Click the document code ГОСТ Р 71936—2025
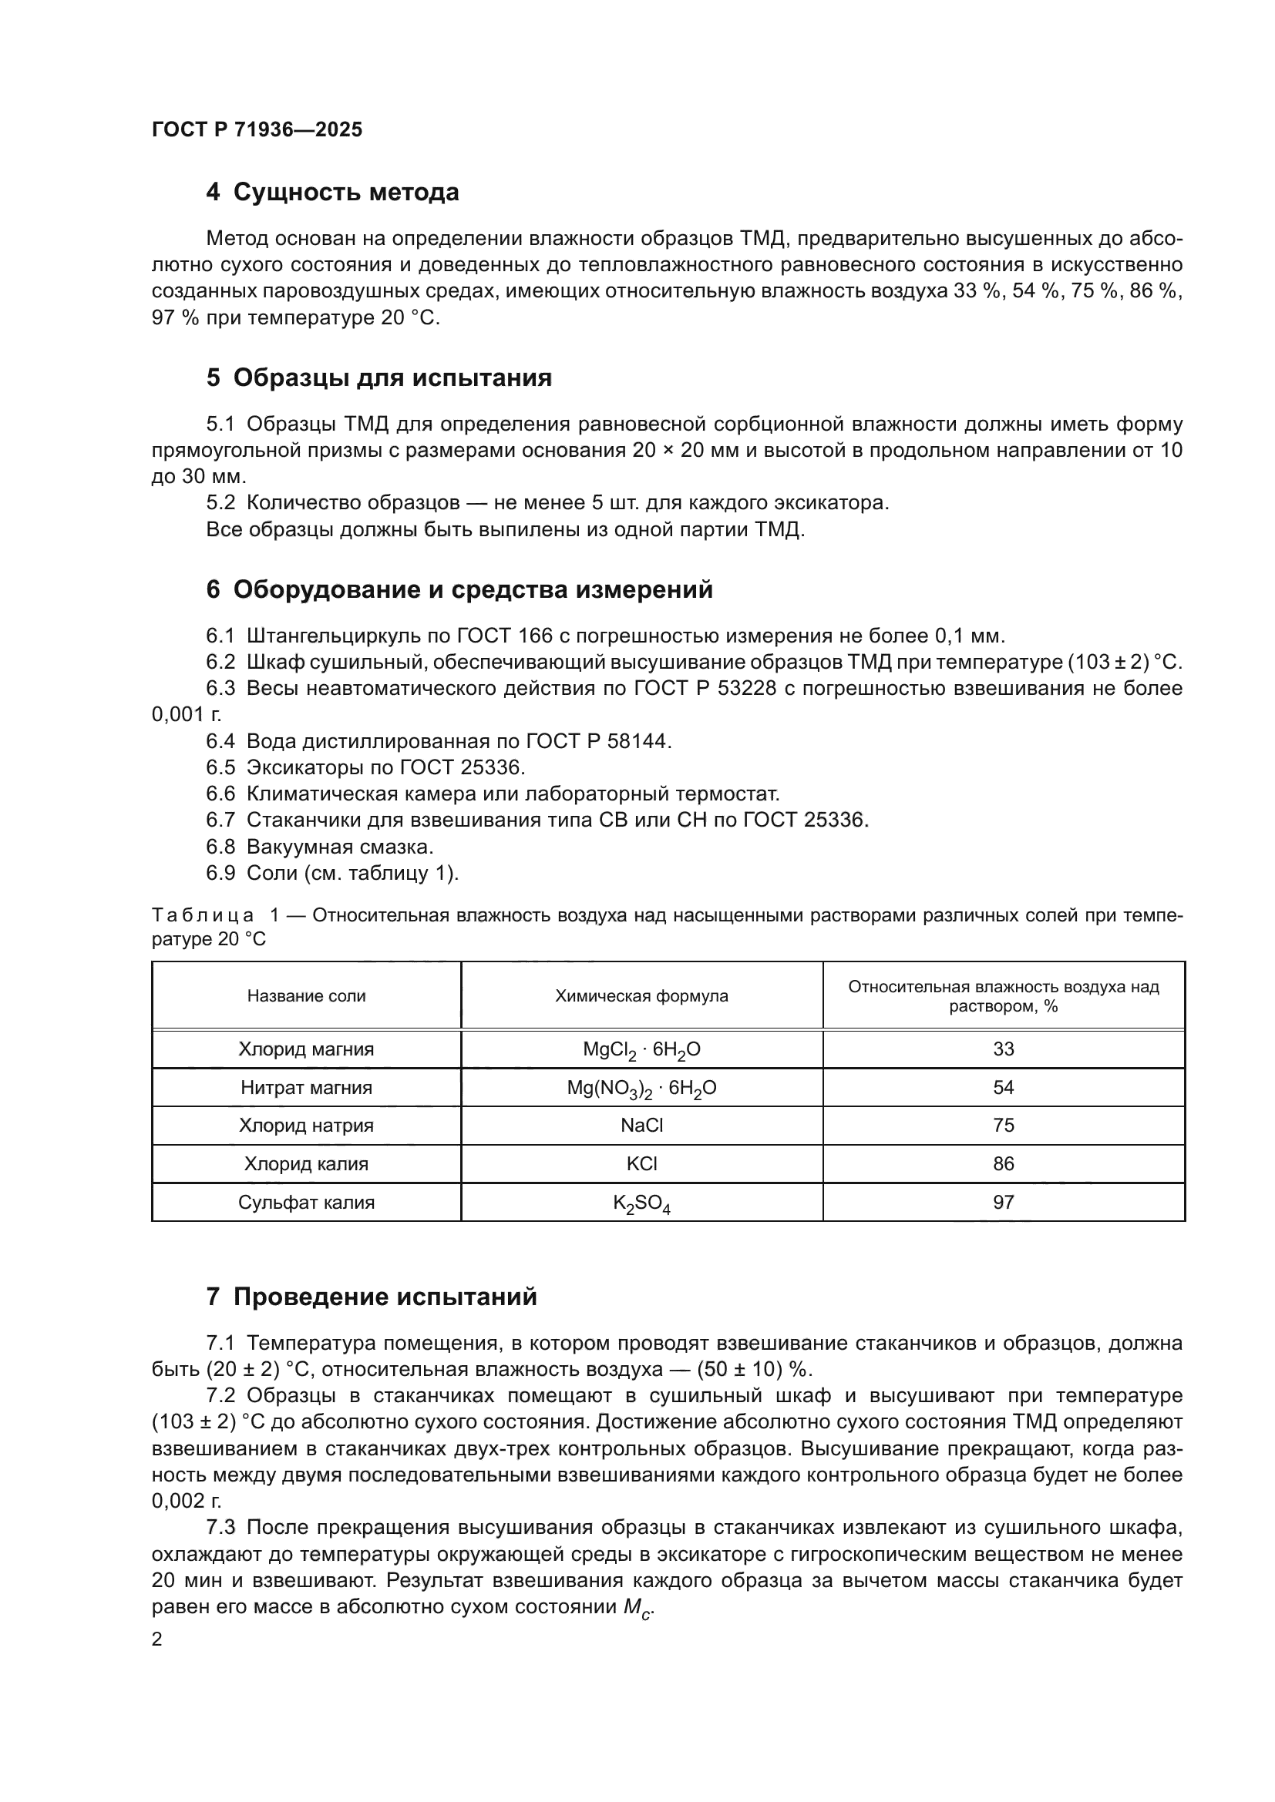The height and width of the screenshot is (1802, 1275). pos(257,130)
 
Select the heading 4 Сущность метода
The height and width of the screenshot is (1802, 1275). pos(332,193)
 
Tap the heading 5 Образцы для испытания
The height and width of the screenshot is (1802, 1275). pos(378,378)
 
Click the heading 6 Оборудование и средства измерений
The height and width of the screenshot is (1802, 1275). pos(459,589)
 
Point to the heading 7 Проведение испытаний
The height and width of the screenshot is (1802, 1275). pos(372,1297)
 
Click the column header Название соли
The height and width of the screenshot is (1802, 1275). pos(306,996)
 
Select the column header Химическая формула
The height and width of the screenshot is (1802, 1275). pos(641,996)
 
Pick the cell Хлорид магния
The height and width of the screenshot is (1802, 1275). pos(306,1049)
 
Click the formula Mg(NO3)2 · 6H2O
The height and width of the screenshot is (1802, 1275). pos(641,1089)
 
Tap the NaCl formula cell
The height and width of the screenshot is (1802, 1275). pos(641,1126)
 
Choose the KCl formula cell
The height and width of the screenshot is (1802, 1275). pos(641,1164)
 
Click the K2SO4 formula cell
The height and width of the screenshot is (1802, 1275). pos(641,1203)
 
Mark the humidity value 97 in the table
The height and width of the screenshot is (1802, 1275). pos(1004,1203)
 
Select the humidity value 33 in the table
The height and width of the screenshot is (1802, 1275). pos(1004,1049)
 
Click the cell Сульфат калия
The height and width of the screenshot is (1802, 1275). pos(306,1203)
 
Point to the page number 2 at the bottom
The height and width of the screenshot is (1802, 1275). pos(157,1639)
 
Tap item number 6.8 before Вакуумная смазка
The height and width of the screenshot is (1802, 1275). pos(220,847)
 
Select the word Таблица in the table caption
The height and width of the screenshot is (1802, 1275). pos(203,916)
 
